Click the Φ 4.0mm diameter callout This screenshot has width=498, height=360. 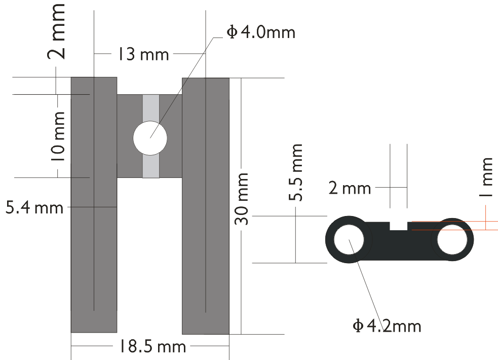261,32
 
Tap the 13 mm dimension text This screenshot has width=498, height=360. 143,54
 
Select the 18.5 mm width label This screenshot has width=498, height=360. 152,346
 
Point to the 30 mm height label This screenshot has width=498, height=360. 242,199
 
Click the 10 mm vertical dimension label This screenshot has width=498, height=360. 58,136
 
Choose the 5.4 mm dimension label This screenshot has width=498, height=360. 34,207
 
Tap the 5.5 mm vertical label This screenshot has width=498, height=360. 296,172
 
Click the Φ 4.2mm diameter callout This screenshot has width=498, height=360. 387,326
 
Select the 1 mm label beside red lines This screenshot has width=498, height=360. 486,177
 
